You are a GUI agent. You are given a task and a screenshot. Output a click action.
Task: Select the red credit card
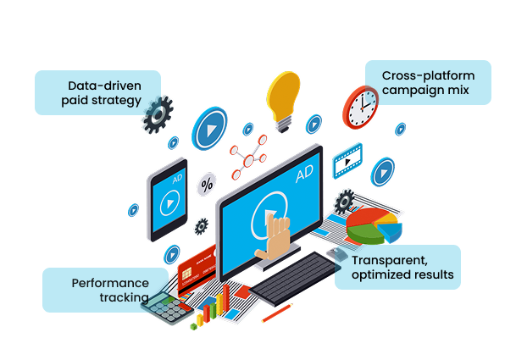pyautogui.click(x=199, y=265)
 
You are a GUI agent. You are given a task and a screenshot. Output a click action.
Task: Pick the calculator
pyautogui.click(x=164, y=309)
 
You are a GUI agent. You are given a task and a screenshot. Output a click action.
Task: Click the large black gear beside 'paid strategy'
pyautogui.click(x=157, y=116)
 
